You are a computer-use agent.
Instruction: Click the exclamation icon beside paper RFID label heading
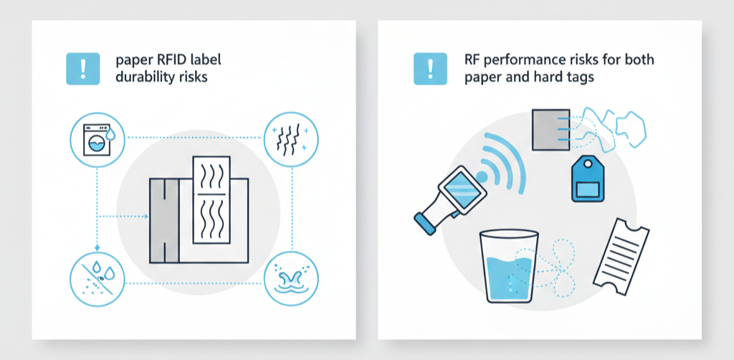pos(83,68)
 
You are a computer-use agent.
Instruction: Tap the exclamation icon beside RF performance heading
pos(431,68)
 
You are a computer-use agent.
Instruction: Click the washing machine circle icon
pos(97,139)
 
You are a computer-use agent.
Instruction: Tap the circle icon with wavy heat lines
pos(291,139)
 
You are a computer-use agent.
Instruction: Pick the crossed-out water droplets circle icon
pos(97,279)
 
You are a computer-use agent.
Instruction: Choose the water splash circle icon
pos(291,279)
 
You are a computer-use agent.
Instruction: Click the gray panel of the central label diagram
pos(164,220)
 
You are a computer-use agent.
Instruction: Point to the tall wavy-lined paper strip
pos(211,200)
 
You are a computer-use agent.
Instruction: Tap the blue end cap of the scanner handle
pos(425,222)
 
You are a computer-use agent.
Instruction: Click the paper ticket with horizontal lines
pos(621,257)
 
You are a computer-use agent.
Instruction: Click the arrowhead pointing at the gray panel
pos(146,217)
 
